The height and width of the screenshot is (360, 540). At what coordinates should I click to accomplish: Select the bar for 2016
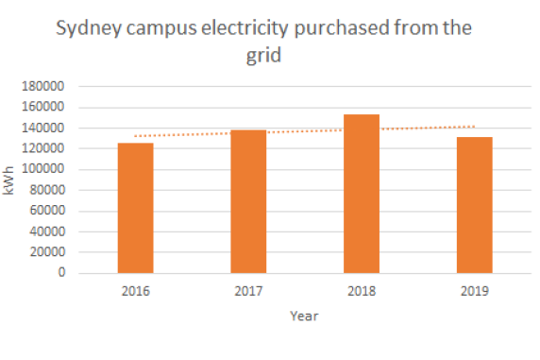(x=135, y=208)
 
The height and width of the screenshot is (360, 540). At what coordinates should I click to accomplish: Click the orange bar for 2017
(x=248, y=201)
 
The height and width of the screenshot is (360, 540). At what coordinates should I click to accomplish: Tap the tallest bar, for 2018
(x=362, y=194)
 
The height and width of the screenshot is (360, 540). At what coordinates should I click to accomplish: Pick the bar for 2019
(x=474, y=205)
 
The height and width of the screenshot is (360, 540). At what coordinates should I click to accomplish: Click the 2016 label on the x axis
(x=135, y=291)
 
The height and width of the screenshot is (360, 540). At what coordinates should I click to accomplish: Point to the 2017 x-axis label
(x=248, y=291)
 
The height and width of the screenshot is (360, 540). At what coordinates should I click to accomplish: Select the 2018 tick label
(x=362, y=291)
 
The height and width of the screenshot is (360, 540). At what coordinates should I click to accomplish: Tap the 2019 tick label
(x=474, y=291)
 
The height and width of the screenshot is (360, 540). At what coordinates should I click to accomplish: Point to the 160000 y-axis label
(x=44, y=108)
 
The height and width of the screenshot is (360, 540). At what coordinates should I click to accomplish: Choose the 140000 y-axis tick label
(x=44, y=129)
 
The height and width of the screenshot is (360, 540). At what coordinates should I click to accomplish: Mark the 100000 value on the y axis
(x=44, y=170)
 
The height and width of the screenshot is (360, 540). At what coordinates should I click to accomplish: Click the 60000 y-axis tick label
(x=47, y=212)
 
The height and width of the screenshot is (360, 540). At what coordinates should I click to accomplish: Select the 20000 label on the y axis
(x=47, y=252)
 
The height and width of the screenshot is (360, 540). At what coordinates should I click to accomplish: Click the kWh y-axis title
(x=9, y=180)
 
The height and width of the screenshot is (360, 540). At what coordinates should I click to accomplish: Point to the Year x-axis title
(x=304, y=317)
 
